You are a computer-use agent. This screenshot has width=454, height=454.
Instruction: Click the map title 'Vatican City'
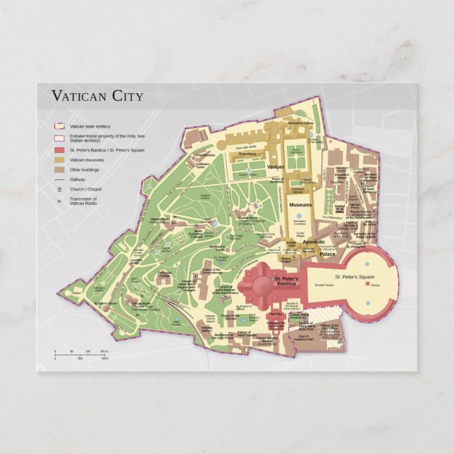pyautogui.click(x=97, y=96)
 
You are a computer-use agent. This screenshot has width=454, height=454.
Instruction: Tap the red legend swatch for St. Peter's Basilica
pyautogui.click(x=61, y=150)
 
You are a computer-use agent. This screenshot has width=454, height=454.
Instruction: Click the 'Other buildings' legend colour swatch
pyautogui.click(x=61, y=169)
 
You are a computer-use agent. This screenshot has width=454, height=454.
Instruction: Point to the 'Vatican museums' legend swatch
pyautogui.click(x=61, y=160)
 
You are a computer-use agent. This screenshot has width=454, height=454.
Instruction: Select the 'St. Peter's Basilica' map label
pyautogui.click(x=286, y=282)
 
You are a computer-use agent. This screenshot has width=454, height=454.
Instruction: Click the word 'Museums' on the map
pyautogui.click(x=300, y=204)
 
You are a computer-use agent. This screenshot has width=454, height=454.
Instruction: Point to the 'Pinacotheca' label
pyautogui.click(x=247, y=153)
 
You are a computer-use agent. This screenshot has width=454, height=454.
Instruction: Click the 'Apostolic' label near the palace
pyautogui.click(x=314, y=242)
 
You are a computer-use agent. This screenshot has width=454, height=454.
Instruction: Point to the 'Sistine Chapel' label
pyautogui.click(x=286, y=260)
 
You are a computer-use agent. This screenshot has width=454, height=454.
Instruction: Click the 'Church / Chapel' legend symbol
pyautogui.click(x=61, y=190)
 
